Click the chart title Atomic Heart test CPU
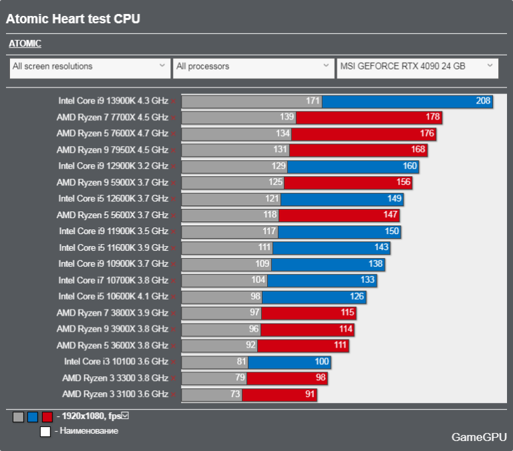[73, 19]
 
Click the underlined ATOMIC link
[25, 44]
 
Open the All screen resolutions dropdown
[89, 67]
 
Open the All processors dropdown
[253, 67]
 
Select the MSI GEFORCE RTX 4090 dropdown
[417, 67]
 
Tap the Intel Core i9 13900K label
[113, 101]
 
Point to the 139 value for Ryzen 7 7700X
[287, 117]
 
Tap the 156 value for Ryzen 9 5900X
[404, 183]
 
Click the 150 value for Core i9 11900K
[392, 232]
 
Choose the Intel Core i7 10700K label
[113, 280]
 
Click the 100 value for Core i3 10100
[322, 362]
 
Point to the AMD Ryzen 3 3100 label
[115, 394]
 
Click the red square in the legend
[47, 417]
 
